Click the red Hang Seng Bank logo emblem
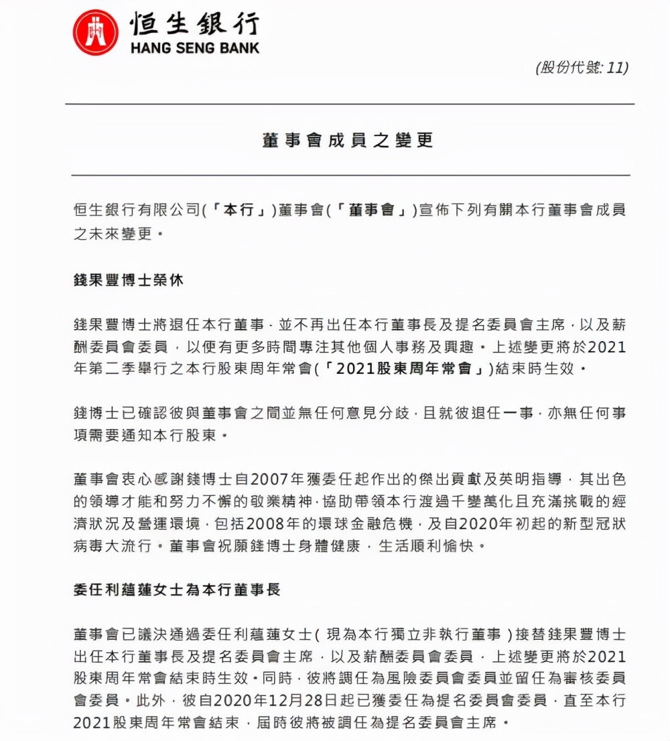(x=95, y=33)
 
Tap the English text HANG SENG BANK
(x=194, y=48)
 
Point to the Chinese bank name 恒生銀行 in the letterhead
(x=194, y=23)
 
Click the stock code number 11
(x=614, y=68)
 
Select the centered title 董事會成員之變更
(x=348, y=140)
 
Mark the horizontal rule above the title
(x=349, y=105)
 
